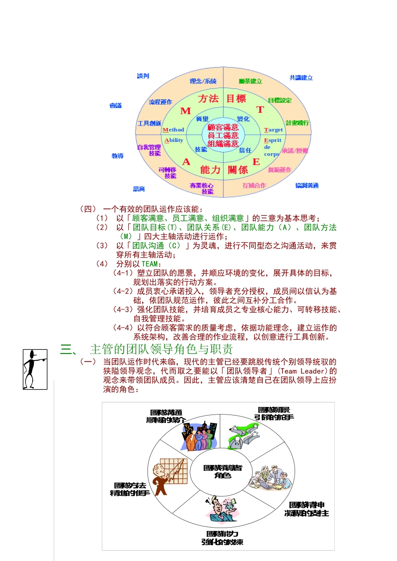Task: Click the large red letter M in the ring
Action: pyautogui.click(x=186, y=111)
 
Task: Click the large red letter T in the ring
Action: pyautogui.click(x=260, y=110)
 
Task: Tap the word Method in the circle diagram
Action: pyautogui.click(x=173, y=130)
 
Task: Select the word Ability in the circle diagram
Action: pyautogui.click(x=174, y=140)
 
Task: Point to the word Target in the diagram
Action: pyautogui.click(x=273, y=130)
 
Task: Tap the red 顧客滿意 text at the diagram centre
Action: pyautogui.click(x=223, y=127)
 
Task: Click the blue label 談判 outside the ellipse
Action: pyautogui.click(x=143, y=76)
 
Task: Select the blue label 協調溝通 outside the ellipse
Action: pyautogui.click(x=307, y=185)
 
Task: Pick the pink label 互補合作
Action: pyautogui.click(x=254, y=185)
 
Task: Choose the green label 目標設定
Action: pyautogui.click(x=280, y=100)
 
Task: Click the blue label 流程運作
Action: pyautogui.click(x=160, y=102)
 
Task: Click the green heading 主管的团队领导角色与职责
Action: pyautogui.click(x=161, y=349)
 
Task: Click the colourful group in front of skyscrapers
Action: pyautogui.click(x=200, y=437)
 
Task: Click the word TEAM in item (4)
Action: pyautogui.click(x=150, y=264)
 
